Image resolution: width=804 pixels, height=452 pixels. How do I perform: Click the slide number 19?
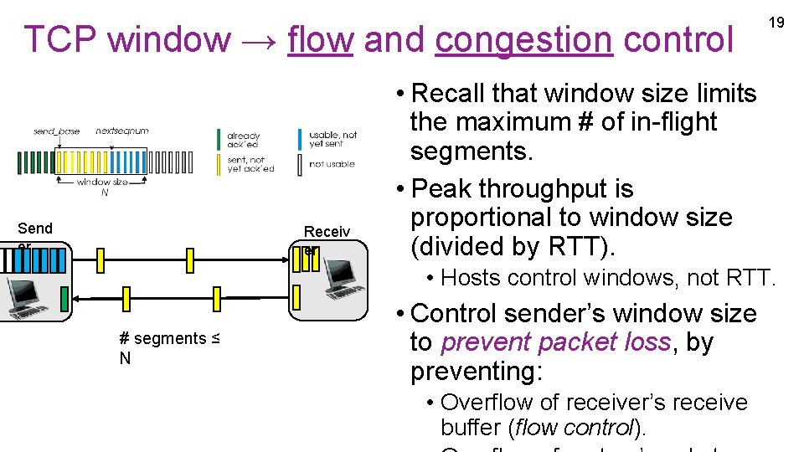tap(776, 23)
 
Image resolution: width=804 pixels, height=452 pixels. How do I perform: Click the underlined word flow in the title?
tap(320, 39)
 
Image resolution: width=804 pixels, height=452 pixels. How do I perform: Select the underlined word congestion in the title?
tap(524, 39)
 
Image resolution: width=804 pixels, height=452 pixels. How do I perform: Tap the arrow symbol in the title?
tap(259, 40)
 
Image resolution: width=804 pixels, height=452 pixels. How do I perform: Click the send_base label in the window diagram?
tap(55, 131)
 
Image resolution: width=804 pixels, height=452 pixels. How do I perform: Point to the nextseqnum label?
tap(122, 131)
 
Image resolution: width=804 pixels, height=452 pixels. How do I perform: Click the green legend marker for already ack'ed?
tap(219, 139)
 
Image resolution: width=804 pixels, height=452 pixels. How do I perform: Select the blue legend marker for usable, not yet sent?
tap(301, 139)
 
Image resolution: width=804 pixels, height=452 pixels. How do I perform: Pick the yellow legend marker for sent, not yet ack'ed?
tap(219, 164)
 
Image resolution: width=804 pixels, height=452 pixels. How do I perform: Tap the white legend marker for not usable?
tap(301, 164)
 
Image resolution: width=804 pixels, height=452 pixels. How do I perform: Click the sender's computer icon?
tap(23, 296)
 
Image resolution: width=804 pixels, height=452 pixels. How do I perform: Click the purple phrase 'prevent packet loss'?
tap(555, 342)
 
